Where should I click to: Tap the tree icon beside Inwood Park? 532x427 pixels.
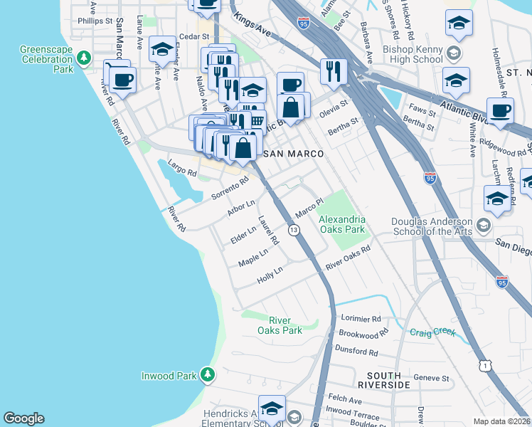(x=207, y=374)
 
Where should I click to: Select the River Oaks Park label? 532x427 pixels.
(x=285, y=325)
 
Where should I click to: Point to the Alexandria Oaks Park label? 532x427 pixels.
(x=342, y=224)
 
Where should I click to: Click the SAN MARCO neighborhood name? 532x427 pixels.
(x=294, y=154)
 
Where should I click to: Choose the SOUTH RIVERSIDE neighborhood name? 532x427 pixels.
(x=388, y=379)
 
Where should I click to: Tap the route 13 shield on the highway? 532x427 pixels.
(x=293, y=230)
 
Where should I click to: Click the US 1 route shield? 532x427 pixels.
(x=485, y=365)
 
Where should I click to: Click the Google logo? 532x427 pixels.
(x=23, y=418)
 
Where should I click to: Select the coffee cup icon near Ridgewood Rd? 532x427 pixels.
(x=500, y=111)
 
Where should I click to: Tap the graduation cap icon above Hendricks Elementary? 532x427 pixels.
(x=272, y=408)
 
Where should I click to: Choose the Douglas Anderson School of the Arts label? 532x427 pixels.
(x=432, y=226)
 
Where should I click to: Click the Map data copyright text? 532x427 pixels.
(x=502, y=421)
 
